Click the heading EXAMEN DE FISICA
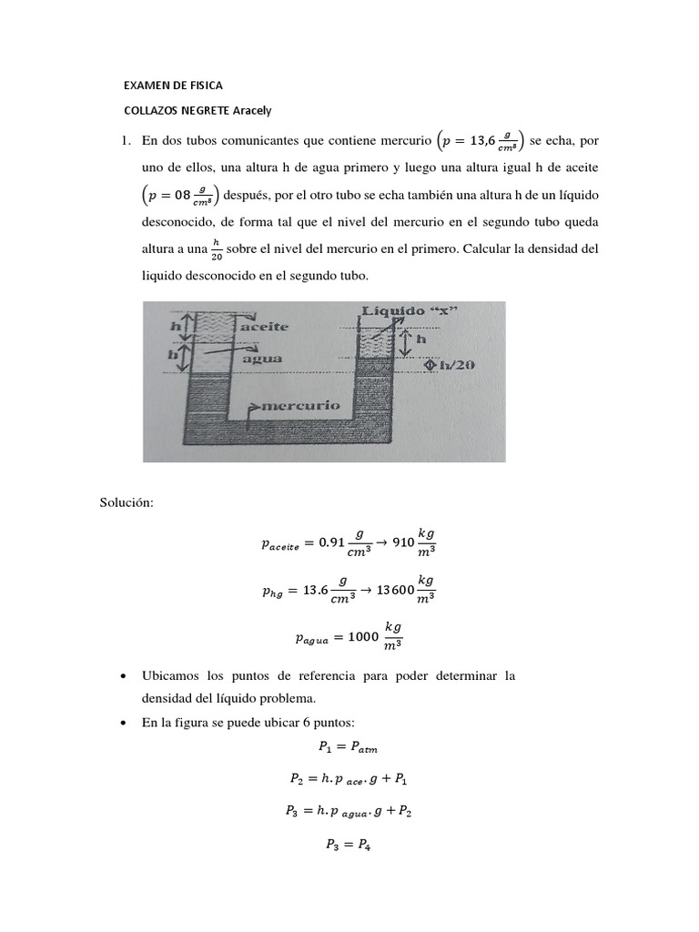pos(173,86)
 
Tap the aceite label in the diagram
pos(265,326)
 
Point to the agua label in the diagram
pos(262,359)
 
